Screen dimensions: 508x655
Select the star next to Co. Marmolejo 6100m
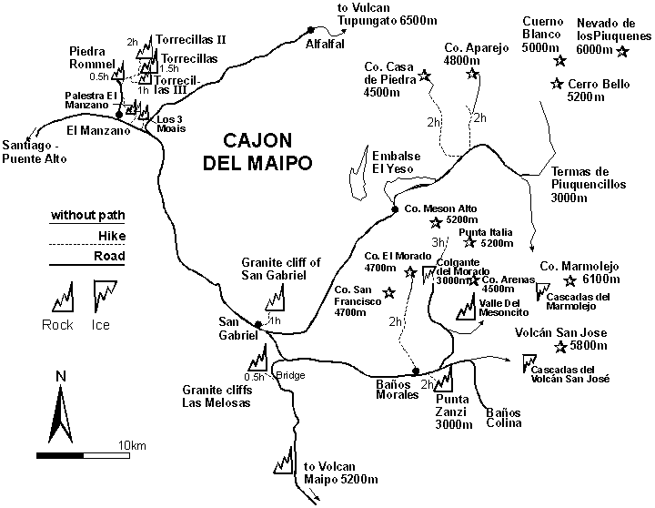570,280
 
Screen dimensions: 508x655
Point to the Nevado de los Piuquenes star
622,51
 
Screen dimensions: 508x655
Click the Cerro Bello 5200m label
602,91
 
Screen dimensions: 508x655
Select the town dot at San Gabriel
258,324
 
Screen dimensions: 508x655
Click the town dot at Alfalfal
309,29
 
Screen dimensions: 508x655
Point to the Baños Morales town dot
415,371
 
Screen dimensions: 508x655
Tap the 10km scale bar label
132,444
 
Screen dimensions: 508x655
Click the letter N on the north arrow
60,376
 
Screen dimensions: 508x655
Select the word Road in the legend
109,256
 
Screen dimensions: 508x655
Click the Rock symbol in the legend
59,297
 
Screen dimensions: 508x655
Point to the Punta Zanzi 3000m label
452,411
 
